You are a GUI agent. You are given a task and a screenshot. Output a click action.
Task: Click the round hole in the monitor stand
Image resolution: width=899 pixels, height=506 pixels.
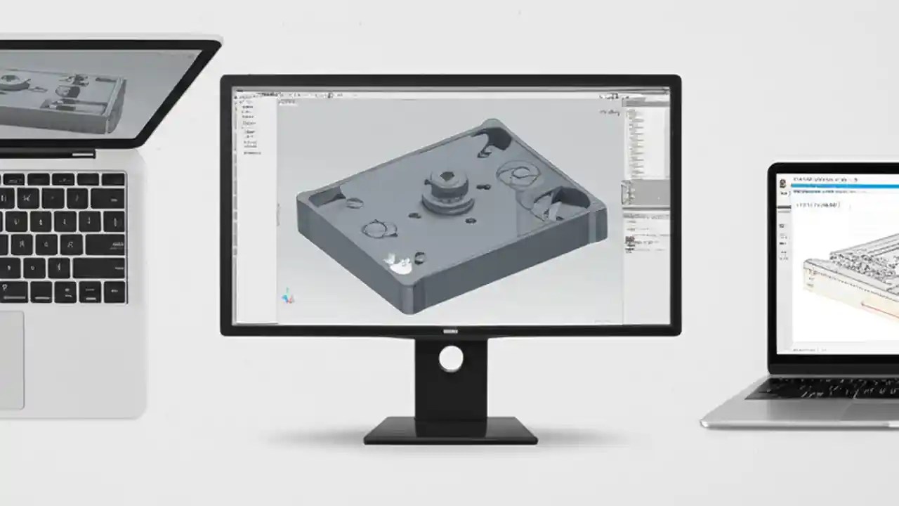coord(450,359)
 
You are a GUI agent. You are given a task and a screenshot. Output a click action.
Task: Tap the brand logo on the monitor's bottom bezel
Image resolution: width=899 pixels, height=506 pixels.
coord(450,331)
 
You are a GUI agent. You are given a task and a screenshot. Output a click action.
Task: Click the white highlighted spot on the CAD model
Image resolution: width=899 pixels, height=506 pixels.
coord(399,264)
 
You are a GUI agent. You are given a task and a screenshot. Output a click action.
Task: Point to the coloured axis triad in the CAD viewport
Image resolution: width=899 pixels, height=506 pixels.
coord(287,296)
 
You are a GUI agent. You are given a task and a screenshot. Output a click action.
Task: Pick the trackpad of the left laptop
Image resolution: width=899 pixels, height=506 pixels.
coord(10,359)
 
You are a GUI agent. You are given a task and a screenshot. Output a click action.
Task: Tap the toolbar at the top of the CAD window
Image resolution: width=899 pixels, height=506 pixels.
coord(449,93)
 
